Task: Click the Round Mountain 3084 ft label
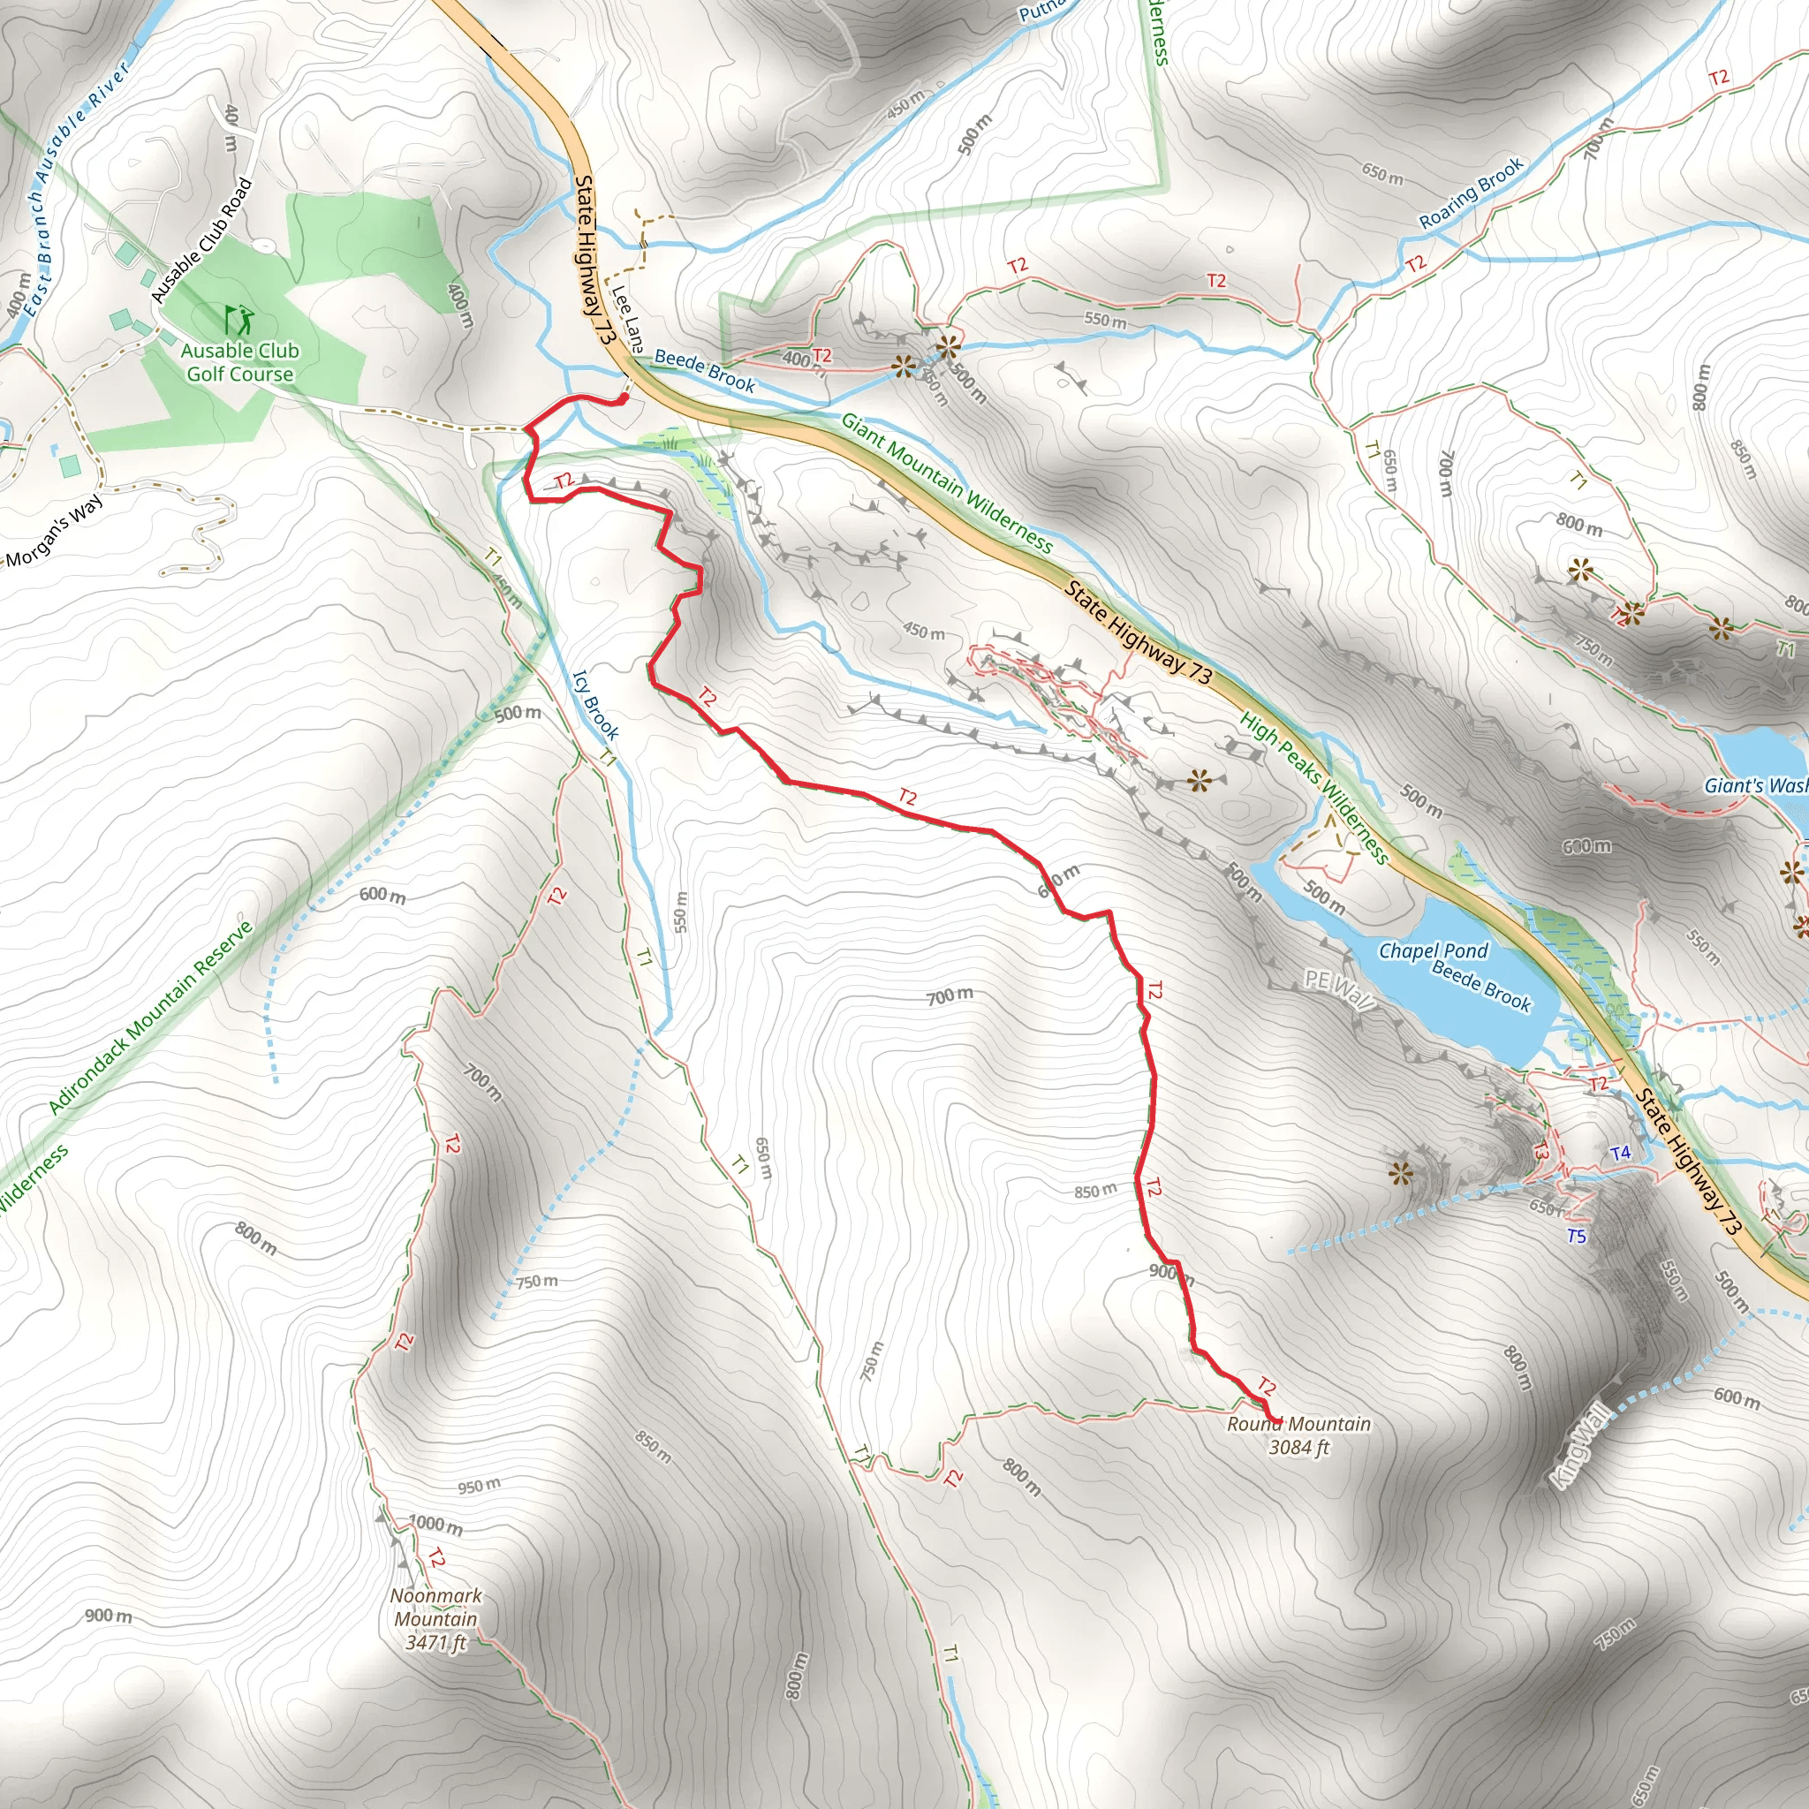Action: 1298,1435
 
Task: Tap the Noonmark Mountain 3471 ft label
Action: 435,1619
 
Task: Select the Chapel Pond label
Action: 1433,951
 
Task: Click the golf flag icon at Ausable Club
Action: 239,321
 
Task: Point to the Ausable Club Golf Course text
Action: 239,362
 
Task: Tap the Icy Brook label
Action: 595,704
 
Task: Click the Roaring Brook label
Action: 1471,193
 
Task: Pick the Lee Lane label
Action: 627,319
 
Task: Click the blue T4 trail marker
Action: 1621,1153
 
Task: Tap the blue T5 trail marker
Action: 1577,1237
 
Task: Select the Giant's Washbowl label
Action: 1756,785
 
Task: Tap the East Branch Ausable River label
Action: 75,187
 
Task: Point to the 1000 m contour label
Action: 435,1525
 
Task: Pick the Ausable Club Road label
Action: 202,240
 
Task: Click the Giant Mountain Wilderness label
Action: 947,483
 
